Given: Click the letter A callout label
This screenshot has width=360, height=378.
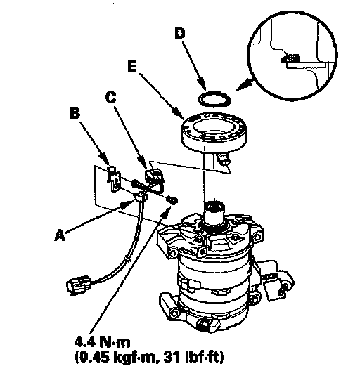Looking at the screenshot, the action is pyautogui.click(x=60, y=235).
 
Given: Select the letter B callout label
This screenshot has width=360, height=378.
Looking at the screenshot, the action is pyautogui.click(x=75, y=112).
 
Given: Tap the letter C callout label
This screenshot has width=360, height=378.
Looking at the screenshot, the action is pyautogui.click(x=111, y=98).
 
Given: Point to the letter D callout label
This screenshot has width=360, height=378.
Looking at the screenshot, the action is pyautogui.click(x=180, y=33).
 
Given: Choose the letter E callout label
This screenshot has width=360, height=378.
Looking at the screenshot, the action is pyautogui.click(x=132, y=66).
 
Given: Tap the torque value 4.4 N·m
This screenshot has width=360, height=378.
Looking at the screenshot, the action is pyautogui.click(x=102, y=342).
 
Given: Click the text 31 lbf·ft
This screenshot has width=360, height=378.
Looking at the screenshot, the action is pyautogui.click(x=193, y=357).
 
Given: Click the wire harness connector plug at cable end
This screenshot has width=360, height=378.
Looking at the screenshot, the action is pyautogui.click(x=79, y=285).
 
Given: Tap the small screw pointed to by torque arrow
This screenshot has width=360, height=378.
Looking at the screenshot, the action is pyautogui.click(x=173, y=200).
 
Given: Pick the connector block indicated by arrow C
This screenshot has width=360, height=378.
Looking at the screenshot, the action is pyautogui.click(x=154, y=176).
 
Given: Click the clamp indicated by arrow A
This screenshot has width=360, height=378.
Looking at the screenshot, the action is pyautogui.click(x=141, y=197).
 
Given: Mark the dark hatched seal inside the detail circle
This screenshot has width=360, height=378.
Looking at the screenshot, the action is pyautogui.click(x=290, y=58).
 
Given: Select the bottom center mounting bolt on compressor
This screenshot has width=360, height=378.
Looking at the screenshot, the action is pyautogui.click(x=203, y=325).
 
